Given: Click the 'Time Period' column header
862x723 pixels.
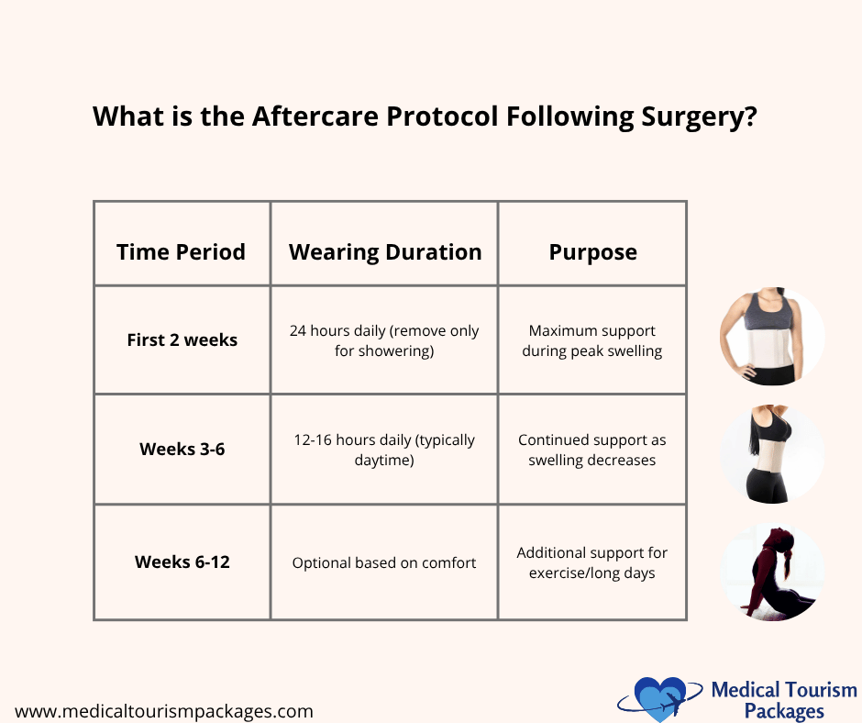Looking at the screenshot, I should click(x=181, y=252).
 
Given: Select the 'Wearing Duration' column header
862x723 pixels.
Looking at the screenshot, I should click(x=385, y=252).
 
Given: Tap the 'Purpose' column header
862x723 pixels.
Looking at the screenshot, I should click(x=592, y=252).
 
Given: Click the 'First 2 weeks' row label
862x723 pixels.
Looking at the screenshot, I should click(x=182, y=339).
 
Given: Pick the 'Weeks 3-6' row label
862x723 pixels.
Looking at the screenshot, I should click(x=182, y=450).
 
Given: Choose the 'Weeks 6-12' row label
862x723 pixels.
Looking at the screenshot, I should click(x=182, y=562).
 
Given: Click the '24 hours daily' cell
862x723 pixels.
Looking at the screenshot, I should click(x=384, y=340).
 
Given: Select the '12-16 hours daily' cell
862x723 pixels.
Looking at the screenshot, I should click(x=384, y=450).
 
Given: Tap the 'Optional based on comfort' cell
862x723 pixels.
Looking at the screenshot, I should click(x=384, y=562).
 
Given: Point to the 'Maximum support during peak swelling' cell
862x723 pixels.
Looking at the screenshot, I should click(x=592, y=340).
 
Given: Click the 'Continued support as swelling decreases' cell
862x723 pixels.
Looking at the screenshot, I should click(x=592, y=450).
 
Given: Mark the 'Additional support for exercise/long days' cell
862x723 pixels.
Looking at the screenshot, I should click(x=592, y=562).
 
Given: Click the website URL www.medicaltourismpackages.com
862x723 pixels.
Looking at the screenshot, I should click(x=164, y=711).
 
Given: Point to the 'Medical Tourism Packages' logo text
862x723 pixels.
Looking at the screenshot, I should click(x=784, y=700).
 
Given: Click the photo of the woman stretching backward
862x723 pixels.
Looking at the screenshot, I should click(x=773, y=572).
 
